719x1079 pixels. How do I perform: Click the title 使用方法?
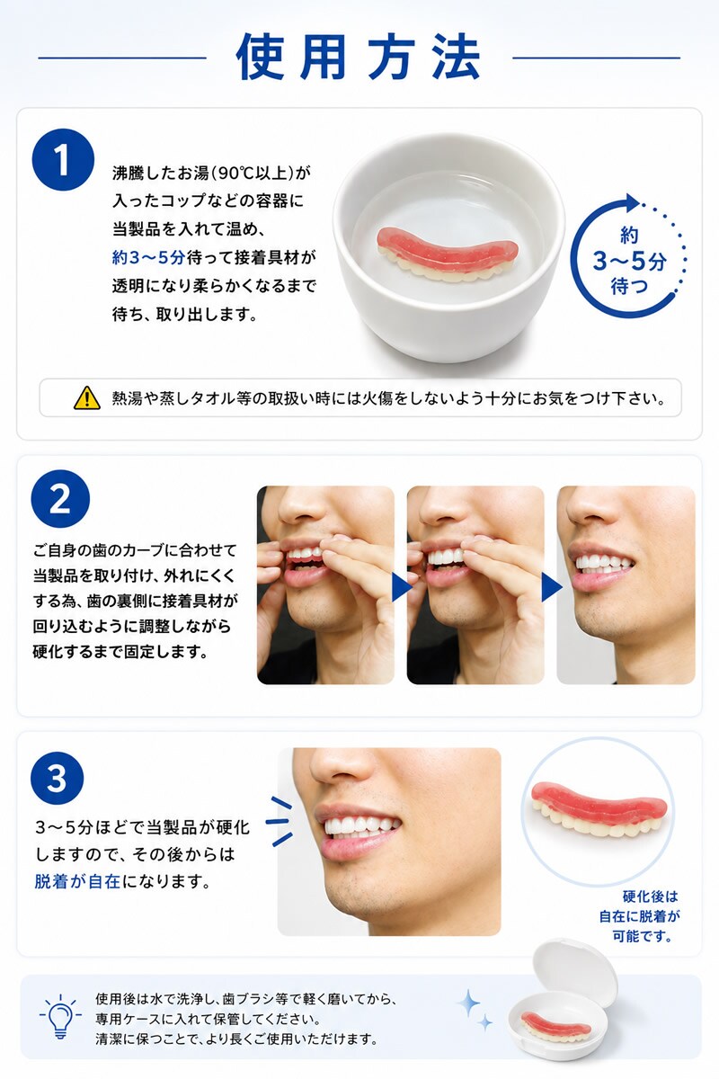tap(359, 57)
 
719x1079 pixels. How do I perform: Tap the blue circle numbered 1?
tap(63, 159)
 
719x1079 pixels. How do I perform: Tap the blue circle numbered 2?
tap(60, 499)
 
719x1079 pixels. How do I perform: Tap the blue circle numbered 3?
tap(57, 778)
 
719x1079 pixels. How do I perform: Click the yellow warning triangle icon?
tap(86, 397)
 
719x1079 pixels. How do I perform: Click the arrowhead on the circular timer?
tap(632, 203)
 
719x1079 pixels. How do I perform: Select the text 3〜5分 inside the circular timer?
tap(629, 262)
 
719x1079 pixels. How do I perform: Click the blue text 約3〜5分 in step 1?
tap(148, 258)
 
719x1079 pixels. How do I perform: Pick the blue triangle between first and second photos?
tap(401, 588)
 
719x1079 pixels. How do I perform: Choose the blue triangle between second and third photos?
tap(552, 588)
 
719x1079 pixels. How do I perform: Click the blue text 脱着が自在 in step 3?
tap(77, 881)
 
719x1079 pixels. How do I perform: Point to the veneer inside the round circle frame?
tap(599, 810)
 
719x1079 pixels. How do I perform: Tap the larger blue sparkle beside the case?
tap(468, 1003)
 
